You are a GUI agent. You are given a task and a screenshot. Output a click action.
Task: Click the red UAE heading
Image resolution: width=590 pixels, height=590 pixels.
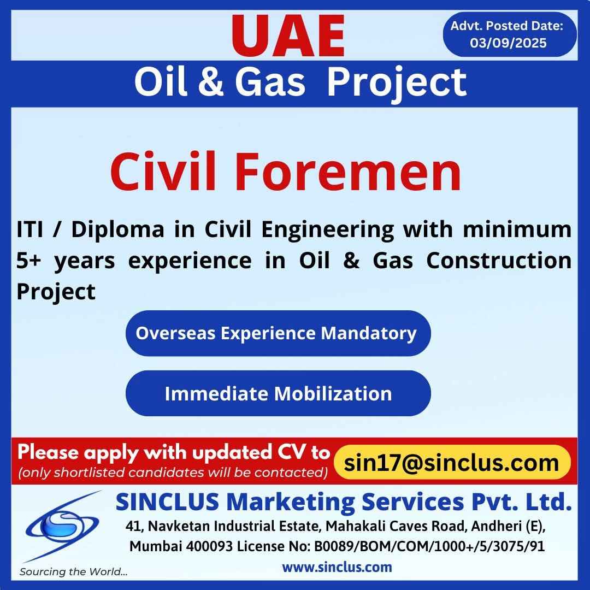[x=288, y=36]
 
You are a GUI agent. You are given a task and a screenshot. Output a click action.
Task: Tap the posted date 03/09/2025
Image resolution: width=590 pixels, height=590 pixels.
[x=508, y=43]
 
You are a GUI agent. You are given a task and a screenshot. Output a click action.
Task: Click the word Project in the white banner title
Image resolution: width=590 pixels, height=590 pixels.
[x=397, y=83]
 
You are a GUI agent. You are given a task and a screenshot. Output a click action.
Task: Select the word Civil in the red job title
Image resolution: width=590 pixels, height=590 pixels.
[x=163, y=172]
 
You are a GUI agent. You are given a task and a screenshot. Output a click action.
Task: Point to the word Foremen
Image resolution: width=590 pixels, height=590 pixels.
[x=348, y=172]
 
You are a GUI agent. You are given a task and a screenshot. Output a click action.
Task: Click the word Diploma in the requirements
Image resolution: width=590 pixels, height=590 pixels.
[x=118, y=229]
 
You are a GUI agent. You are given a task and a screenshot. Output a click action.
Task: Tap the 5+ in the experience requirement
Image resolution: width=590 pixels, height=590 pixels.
[x=28, y=261]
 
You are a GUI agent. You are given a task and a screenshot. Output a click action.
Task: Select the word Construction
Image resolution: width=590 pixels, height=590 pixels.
[x=499, y=261]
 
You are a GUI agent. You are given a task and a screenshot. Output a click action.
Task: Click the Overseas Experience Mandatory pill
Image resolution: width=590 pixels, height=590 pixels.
[x=278, y=333]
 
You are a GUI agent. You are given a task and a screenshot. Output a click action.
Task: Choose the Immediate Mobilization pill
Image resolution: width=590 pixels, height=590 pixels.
[x=278, y=393]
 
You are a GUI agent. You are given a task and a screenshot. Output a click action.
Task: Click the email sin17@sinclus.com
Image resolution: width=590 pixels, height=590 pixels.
[x=452, y=463]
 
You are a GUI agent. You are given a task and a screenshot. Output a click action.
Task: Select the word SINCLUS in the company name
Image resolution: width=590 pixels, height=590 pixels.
[x=168, y=502]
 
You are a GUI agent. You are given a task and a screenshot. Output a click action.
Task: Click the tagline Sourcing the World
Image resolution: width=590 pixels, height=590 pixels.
[x=73, y=572]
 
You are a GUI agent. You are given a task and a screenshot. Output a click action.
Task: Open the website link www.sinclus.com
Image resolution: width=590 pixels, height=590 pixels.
[x=337, y=567]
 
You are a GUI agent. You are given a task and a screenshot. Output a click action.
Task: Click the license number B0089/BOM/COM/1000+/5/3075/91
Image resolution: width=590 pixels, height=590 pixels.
[x=429, y=546]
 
